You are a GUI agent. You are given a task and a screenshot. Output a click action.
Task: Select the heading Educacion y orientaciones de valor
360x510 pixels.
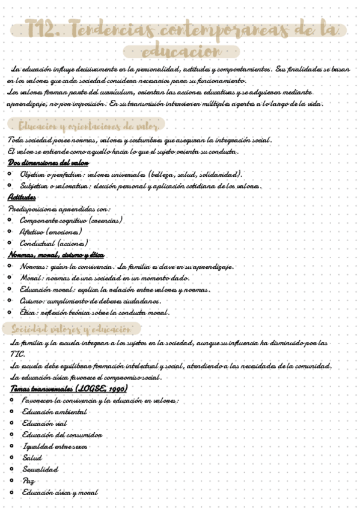click(x=88, y=126)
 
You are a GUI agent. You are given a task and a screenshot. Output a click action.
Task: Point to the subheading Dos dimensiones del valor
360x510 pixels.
click(x=49, y=163)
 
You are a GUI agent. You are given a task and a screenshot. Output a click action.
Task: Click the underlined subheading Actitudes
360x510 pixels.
click(x=22, y=197)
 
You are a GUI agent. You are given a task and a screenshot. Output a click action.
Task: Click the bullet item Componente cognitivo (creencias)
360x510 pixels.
click(x=71, y=221)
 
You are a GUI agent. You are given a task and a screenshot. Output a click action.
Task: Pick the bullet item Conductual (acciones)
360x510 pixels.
click(x=54, y=244)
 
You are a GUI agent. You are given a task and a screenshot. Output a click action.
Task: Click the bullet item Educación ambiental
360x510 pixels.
click(x=55, y=412)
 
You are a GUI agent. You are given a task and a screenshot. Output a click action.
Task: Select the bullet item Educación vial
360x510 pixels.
click(x=44, y=423)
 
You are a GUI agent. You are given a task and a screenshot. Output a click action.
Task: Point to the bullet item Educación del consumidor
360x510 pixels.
click(x=62, y=435)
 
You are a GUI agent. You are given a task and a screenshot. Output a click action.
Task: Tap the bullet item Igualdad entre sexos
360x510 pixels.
click(x=55, y=447)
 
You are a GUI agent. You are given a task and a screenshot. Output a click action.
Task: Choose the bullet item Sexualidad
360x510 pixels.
click(x=40, y=470)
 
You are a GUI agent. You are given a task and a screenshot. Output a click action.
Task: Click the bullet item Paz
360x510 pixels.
click(x=28, y=481)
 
